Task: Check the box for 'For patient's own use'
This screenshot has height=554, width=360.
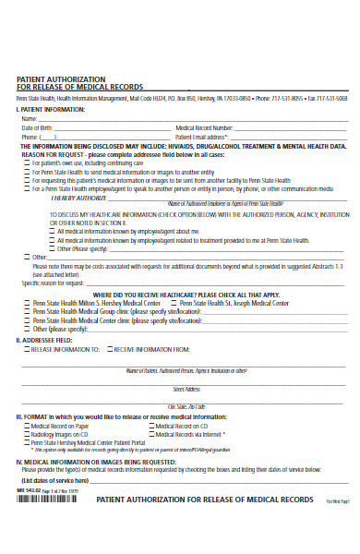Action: (27, 162)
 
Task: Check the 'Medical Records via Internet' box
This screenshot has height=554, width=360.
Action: (151, 434)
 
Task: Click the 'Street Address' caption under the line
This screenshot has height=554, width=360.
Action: (180, 390)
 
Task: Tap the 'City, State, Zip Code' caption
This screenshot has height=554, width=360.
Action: (180, 407)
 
